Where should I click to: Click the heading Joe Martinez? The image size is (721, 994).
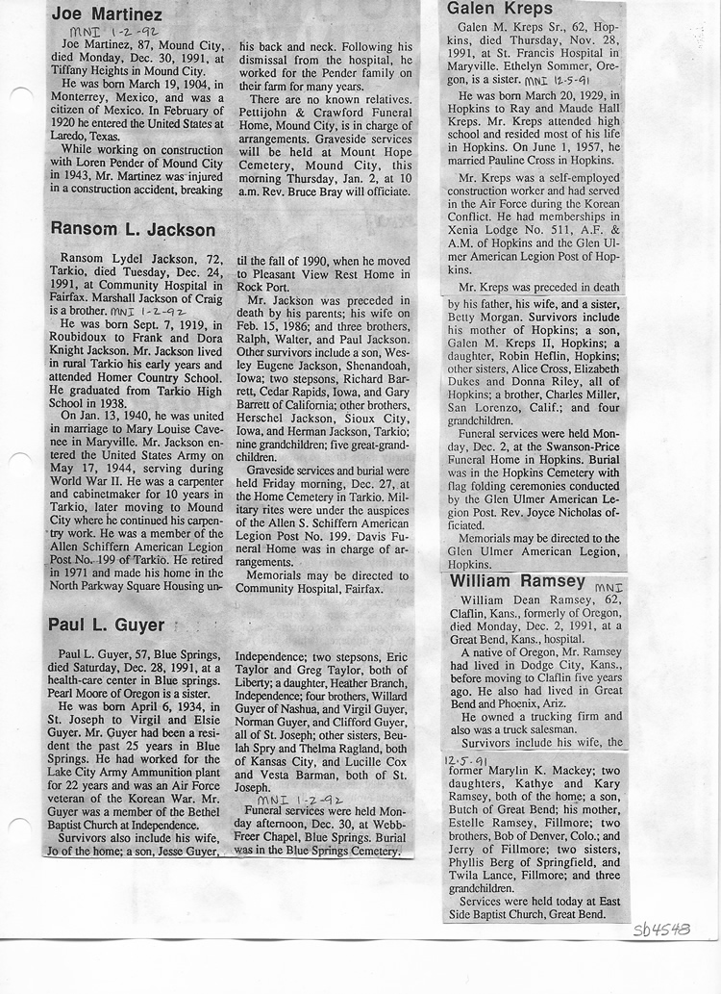106,13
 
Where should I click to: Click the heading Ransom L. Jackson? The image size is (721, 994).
132,230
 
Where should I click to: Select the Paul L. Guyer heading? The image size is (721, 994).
106,624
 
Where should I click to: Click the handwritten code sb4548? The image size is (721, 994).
662,930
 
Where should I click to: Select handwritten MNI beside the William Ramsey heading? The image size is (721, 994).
609,586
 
